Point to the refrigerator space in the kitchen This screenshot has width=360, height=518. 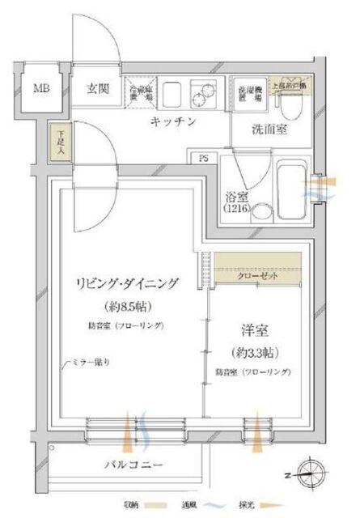(x=140, y=92)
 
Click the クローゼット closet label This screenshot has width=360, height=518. (x=258, y=275)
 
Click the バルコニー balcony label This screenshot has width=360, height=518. (x=133, y=465)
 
